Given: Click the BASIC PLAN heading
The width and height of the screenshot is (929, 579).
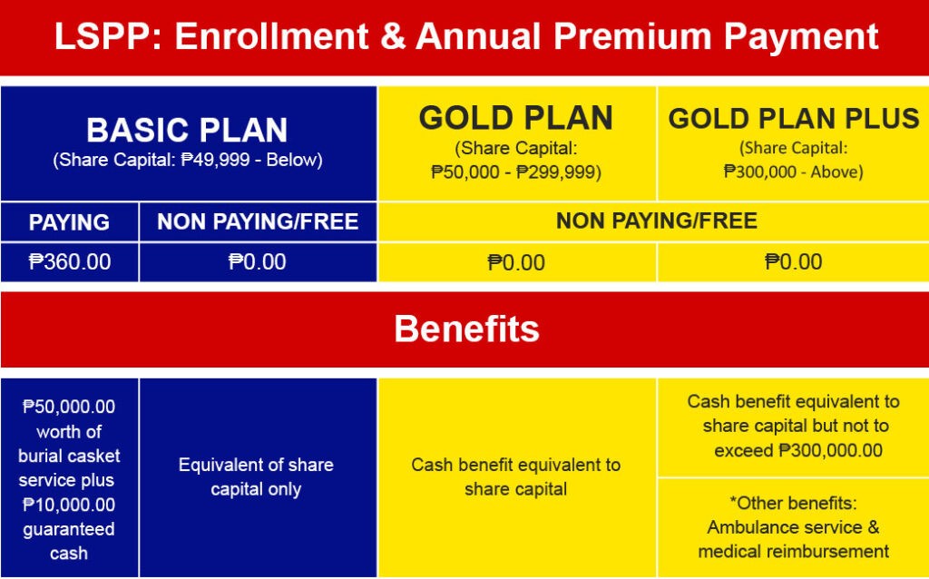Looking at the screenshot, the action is click(x=187, y=131).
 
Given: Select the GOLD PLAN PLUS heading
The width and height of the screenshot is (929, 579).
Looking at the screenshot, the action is click(x=794, y=119).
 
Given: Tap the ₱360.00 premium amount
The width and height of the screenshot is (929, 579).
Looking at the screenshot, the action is click(x=70, y=262).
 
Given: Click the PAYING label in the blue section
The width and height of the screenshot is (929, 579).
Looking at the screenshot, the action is click(x=69, y=222).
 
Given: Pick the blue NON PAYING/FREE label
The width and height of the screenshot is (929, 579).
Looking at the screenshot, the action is click(x=258, y=221).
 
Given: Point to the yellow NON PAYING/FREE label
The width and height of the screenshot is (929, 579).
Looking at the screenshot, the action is click(x=657, y=221).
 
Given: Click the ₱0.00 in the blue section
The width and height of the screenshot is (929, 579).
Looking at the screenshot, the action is click(x=258, y=262).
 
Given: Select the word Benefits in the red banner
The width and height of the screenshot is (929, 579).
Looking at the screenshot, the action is click(x=467, y=329).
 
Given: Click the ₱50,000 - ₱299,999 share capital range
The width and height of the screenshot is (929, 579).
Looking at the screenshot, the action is click(x=516, y=172).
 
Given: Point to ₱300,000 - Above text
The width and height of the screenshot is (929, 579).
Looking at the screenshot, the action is click(x=793, y=172).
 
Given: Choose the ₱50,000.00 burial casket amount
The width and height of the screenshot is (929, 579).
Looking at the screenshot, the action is click(x=69, y=407).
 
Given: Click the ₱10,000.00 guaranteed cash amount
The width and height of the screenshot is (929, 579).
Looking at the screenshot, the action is click(x=69, y=505).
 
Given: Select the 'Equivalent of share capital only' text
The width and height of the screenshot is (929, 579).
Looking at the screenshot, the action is click(x=256, y=477).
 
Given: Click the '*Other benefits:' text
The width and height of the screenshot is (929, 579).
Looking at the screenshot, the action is click(x=793, y=503).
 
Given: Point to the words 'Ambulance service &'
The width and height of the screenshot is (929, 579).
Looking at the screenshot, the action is click(x=793, y=527).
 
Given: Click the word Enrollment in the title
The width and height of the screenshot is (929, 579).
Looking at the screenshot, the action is click(x=272, y=36).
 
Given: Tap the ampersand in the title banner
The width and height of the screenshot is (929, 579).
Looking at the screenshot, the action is click(x=393, y=36).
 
